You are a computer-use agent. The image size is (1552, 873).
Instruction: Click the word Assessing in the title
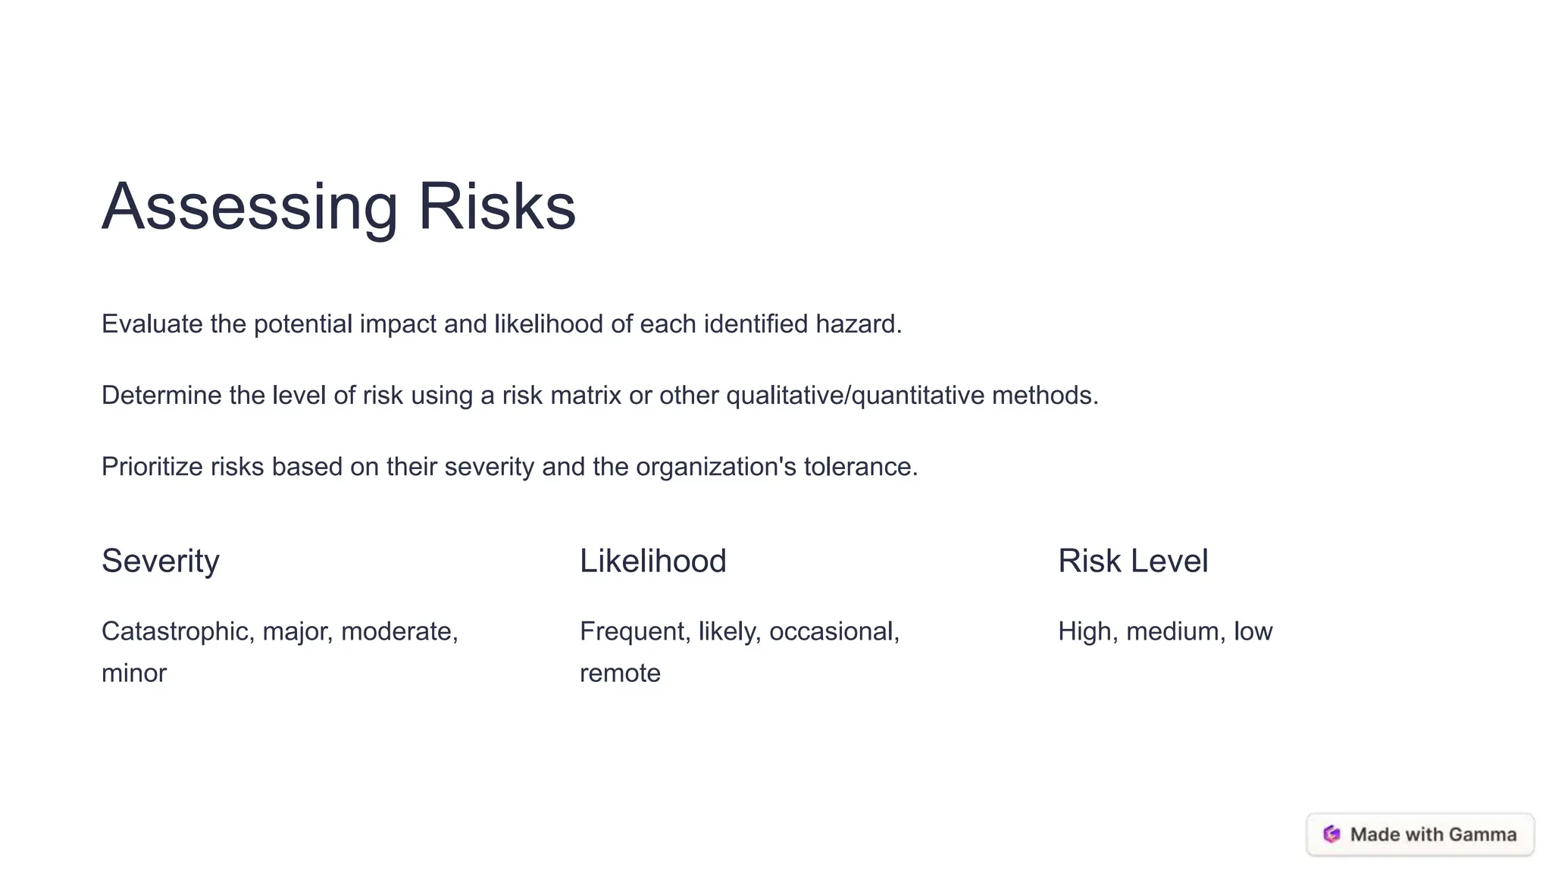[249, 207]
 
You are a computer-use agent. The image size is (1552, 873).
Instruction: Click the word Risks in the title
[496, 207]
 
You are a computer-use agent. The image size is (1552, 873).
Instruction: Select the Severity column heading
[161, 562]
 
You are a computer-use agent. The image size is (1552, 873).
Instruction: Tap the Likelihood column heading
[652, 562]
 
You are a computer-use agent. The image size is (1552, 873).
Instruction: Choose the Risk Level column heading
[1132, 562]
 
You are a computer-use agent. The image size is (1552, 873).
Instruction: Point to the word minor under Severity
[134, 673]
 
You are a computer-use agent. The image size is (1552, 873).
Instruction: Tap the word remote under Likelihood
[620, 673]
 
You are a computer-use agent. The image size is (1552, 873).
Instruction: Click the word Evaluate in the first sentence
[152, 324]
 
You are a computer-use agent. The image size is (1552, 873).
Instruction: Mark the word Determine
[161, 396]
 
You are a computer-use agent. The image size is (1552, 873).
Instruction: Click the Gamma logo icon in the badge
[1331, 834]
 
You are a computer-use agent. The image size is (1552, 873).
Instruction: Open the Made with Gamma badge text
[1433, 834]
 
